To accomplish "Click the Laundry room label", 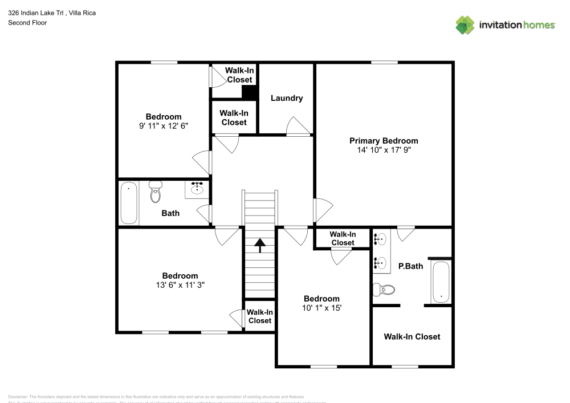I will (286, 98).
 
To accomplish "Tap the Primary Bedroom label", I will (383, 141).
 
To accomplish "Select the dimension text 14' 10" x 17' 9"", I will (383, 150).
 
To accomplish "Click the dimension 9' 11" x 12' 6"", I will (164, 127).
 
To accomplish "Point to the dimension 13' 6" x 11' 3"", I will (180, 285).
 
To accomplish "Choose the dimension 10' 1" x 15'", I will (321, 308).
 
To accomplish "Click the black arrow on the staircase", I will (259, 245).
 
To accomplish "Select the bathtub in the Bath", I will (129, 202).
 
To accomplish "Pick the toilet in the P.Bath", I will (384, 290).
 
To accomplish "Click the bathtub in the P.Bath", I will (441, 282).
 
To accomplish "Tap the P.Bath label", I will (410, 266).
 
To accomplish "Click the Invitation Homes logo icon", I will (465, 25).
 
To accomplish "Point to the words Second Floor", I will (27, 23).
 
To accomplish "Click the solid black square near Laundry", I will (249, 93).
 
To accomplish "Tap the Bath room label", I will (170, 213).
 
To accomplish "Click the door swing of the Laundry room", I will (298, 127).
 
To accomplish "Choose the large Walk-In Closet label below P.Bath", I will (412, 337).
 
